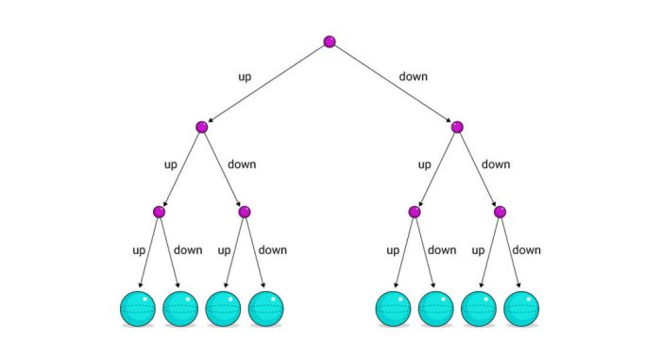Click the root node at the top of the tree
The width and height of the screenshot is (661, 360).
330,42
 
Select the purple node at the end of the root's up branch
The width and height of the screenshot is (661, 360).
201,127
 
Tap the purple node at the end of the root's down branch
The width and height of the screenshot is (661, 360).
457,127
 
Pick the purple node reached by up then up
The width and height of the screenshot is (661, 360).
159,212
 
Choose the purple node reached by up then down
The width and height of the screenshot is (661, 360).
244,212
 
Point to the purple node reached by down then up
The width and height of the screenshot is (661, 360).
415,212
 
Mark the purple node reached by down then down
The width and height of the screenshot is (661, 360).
500,212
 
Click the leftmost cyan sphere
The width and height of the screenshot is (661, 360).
138,309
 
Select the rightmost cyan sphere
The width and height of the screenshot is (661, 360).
521,309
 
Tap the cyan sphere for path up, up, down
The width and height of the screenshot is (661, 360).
180,309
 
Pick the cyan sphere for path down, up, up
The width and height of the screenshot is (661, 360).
394,309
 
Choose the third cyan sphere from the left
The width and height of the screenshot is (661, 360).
223,309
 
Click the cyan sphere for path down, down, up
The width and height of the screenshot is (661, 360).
479,309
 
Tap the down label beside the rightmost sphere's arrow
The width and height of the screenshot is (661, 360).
527,250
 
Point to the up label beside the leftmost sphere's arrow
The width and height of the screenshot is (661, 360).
137,250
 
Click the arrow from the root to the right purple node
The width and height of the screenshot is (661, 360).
393,84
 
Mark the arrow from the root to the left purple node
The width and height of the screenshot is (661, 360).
265,84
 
